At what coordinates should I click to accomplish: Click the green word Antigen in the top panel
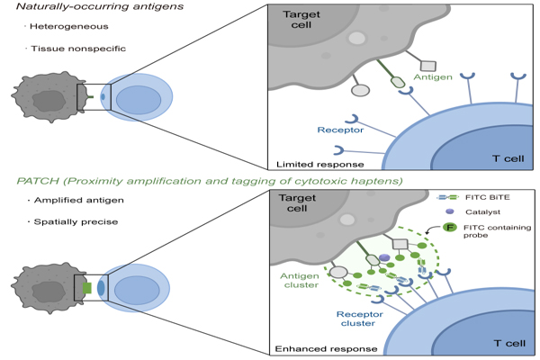tap(433, 77)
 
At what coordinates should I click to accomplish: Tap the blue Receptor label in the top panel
tap(340, 130)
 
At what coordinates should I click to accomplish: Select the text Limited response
tap(319, 165)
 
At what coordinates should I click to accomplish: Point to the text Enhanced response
tap(326, 349)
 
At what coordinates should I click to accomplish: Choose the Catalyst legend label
tap(482, 211)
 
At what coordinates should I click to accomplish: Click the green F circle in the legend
tap(449, 228)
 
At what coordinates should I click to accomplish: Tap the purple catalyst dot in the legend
tap(449, 211)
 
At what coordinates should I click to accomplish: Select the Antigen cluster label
tap(300, 281)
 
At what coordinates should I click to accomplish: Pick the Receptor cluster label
tap(359, 319)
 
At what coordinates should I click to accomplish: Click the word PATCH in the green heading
tap(38, 181)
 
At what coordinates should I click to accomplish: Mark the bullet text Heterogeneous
tap(69, 26)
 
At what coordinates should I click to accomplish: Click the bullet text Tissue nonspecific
tap(78, 49)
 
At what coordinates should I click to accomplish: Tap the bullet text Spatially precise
tap(76, 222)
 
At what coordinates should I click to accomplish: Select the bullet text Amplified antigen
tap(79, 200)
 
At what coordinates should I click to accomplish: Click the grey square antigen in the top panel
tap(428, 66)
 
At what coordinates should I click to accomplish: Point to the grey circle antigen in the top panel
tap(360, 90)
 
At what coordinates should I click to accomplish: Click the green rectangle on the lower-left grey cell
tap(87, 288)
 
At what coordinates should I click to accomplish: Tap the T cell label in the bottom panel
tap(509, 343)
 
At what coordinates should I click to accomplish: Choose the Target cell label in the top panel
tap(301, 20)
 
